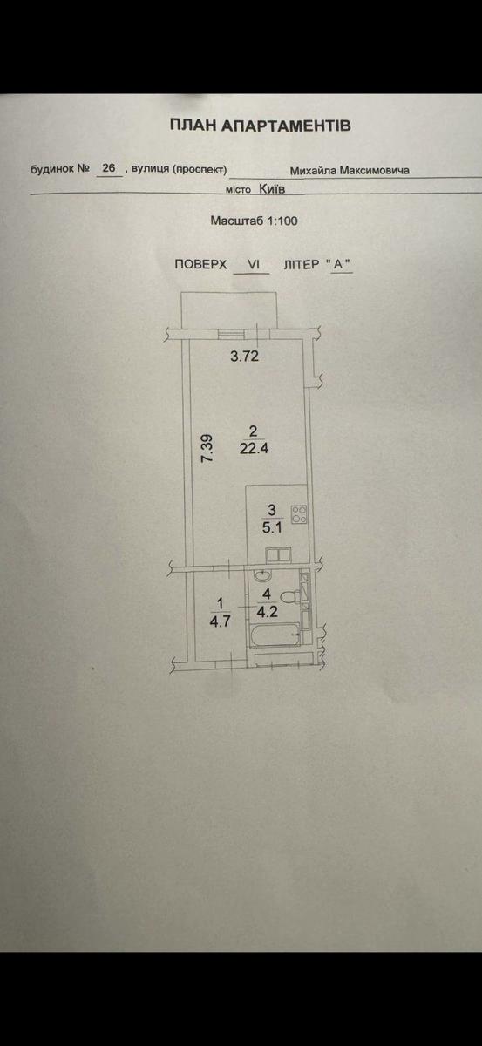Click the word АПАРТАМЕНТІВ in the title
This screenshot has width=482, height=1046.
pyautogui.click(x=285, y=126)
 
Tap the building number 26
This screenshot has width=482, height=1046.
pyautogui.click(x=108, y=168)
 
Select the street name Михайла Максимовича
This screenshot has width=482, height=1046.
pyautogui.click(x=350, y=171)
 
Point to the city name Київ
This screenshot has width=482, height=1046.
pyautogui.click(x=272, y=188)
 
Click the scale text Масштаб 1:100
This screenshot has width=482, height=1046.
pyautogui.click(x=255, y=221)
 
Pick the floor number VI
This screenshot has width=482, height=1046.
pyautogui.click(x=253, y=264)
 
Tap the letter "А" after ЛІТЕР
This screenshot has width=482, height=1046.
pyautogui.click(x=341, y=264)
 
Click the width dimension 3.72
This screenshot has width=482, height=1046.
pyautogui.click(x=244, y=357)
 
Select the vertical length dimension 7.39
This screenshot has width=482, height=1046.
pyautogui.click(x=207, y=448)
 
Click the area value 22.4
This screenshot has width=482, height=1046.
pyautogui.click(x=255, y=449)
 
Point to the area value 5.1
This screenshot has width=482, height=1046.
pyautogui.click(x=273, y=527)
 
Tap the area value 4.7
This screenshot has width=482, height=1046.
pyautogui.click(x=220, y=621)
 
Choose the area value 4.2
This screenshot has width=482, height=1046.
pyautogui.click(x=268, y=611)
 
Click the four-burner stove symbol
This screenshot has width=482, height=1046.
pyautogui.click(x=299, y=514)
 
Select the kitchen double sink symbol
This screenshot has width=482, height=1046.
pyautogui.click(x=278, y=555)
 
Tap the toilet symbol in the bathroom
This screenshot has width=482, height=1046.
pyautogui.click(x=290, y=597)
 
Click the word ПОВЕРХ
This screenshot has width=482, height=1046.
pyautogui.click(x=200, y=264)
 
